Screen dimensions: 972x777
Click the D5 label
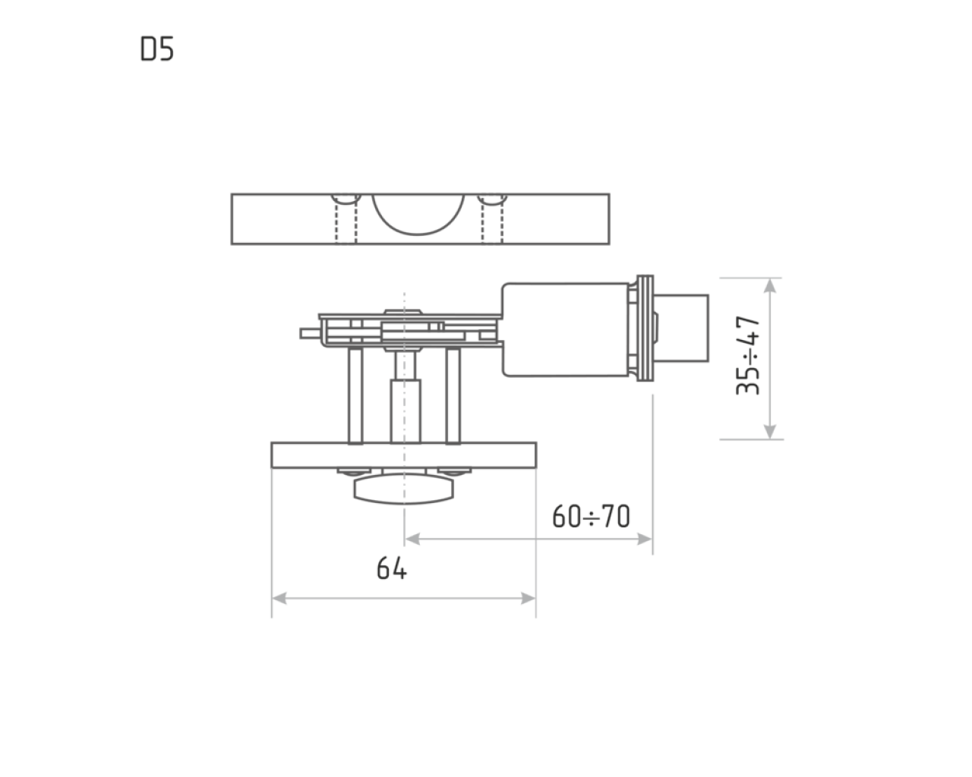coord(156,49)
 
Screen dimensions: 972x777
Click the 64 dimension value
coord(392,568)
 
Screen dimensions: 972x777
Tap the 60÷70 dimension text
coord(591,516)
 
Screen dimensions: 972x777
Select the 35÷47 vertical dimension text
coord(748,355)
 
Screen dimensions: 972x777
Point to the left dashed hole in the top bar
coord(346,219)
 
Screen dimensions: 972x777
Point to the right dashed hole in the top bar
coord(492,219)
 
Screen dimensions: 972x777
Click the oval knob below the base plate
coord(403,489)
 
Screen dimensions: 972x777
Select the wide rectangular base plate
coord(404,455)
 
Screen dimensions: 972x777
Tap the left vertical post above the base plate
coord(355,395)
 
